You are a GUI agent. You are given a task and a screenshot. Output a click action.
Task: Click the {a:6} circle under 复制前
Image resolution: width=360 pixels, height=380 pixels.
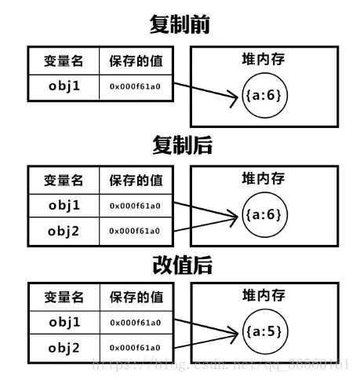coord(263,96)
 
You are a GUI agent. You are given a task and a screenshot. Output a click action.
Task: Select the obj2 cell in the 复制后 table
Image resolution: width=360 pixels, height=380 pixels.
coord(65,231)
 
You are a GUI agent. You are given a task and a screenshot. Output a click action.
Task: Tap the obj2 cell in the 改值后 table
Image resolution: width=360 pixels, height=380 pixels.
coord(65,347)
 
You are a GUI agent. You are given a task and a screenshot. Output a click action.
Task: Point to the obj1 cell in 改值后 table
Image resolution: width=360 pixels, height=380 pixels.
coord(65,323)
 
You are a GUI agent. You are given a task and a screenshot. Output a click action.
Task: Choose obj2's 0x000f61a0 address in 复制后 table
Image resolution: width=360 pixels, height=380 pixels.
coord(135,231)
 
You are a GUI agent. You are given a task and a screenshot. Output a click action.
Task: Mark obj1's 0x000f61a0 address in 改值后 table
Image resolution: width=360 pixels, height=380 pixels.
coord(135,323)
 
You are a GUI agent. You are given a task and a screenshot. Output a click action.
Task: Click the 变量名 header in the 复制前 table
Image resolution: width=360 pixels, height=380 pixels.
coord(65,61)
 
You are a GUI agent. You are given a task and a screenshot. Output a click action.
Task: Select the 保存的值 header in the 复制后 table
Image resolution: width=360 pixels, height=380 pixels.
coord(135,181)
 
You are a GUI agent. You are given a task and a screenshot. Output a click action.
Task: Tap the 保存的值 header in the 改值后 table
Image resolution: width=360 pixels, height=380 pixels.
coord(135,298)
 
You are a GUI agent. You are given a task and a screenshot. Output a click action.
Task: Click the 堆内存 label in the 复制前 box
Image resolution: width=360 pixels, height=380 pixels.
coord(264,60)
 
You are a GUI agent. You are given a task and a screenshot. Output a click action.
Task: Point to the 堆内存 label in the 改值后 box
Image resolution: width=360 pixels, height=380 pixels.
coord(264,296)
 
